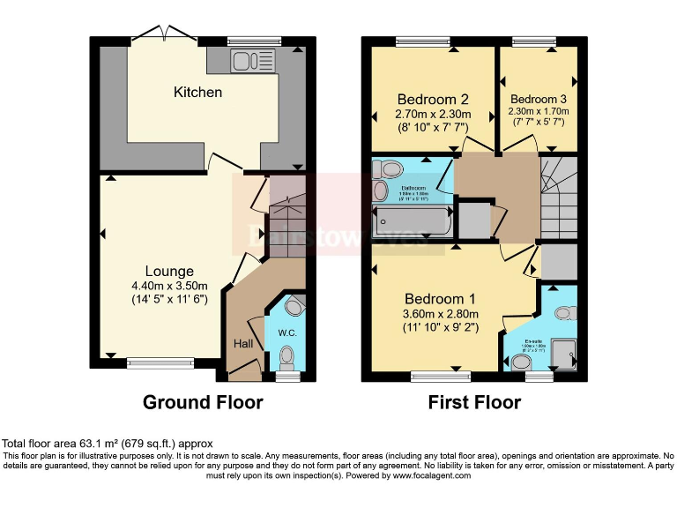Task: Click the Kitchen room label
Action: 197,92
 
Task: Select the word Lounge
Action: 169,271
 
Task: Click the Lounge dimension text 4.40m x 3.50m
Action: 169,285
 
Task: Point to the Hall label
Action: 243,343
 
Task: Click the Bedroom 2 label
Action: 432,99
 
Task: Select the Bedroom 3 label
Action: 538,99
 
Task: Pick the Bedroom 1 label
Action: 440,298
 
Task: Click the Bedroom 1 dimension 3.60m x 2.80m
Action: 440,313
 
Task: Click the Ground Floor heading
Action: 203,403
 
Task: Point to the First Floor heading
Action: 474,403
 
